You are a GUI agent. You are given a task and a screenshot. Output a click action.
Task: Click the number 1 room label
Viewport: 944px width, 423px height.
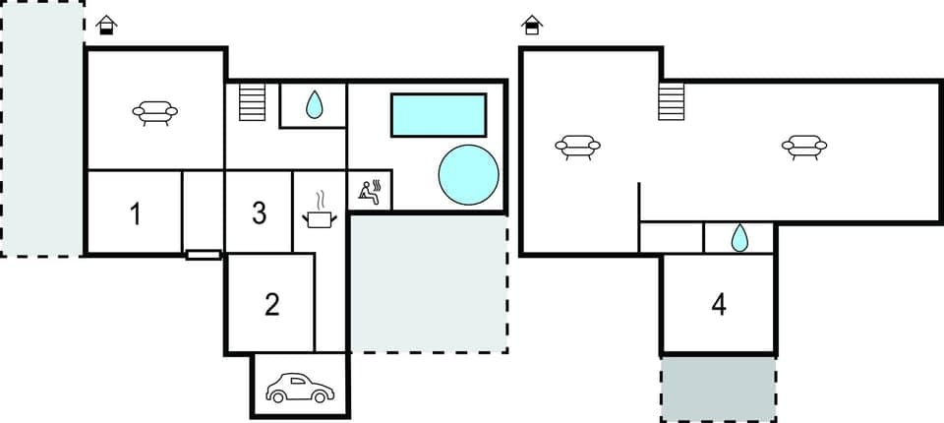[135, 213]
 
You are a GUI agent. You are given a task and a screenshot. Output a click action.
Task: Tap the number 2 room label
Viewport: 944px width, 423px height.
[272, 305]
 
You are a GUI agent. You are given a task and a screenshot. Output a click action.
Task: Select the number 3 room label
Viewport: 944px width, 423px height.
[259, 213]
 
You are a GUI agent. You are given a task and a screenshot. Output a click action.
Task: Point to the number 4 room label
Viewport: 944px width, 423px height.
[719, 305]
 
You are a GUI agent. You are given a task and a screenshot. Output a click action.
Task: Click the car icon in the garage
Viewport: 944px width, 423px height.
[301, 388]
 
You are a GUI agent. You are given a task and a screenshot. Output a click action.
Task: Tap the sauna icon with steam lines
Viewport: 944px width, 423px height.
[372, 191]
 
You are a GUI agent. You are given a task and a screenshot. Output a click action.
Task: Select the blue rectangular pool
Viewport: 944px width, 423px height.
[439, 115]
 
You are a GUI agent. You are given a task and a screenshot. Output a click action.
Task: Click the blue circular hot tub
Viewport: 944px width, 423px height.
[468, 174]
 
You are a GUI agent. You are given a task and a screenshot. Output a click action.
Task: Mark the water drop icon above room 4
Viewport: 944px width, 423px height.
[739, 237]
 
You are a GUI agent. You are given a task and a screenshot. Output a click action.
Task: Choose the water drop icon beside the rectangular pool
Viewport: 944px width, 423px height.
[314, 104]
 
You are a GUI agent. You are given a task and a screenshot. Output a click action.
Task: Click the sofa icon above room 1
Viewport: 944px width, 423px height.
[155, 114]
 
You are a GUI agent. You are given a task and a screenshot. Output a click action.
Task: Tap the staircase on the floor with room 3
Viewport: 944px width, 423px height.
[253, 102]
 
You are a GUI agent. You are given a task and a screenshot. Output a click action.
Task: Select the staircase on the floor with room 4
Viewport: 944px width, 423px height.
[671, 100]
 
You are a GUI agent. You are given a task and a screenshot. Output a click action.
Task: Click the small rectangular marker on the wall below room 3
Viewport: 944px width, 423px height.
[204, 255]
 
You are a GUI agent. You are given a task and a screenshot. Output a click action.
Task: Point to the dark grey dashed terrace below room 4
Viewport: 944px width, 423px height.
[718, 389]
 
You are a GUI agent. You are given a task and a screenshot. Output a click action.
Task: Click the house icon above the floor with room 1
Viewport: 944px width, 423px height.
[107, 25]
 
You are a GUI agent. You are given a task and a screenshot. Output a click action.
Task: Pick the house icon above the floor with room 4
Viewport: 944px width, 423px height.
[532, 25]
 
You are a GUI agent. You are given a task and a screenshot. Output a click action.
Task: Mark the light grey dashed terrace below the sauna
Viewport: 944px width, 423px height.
[428, 285]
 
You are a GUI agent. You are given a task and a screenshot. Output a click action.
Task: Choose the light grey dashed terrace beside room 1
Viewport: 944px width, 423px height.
[41, 128]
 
